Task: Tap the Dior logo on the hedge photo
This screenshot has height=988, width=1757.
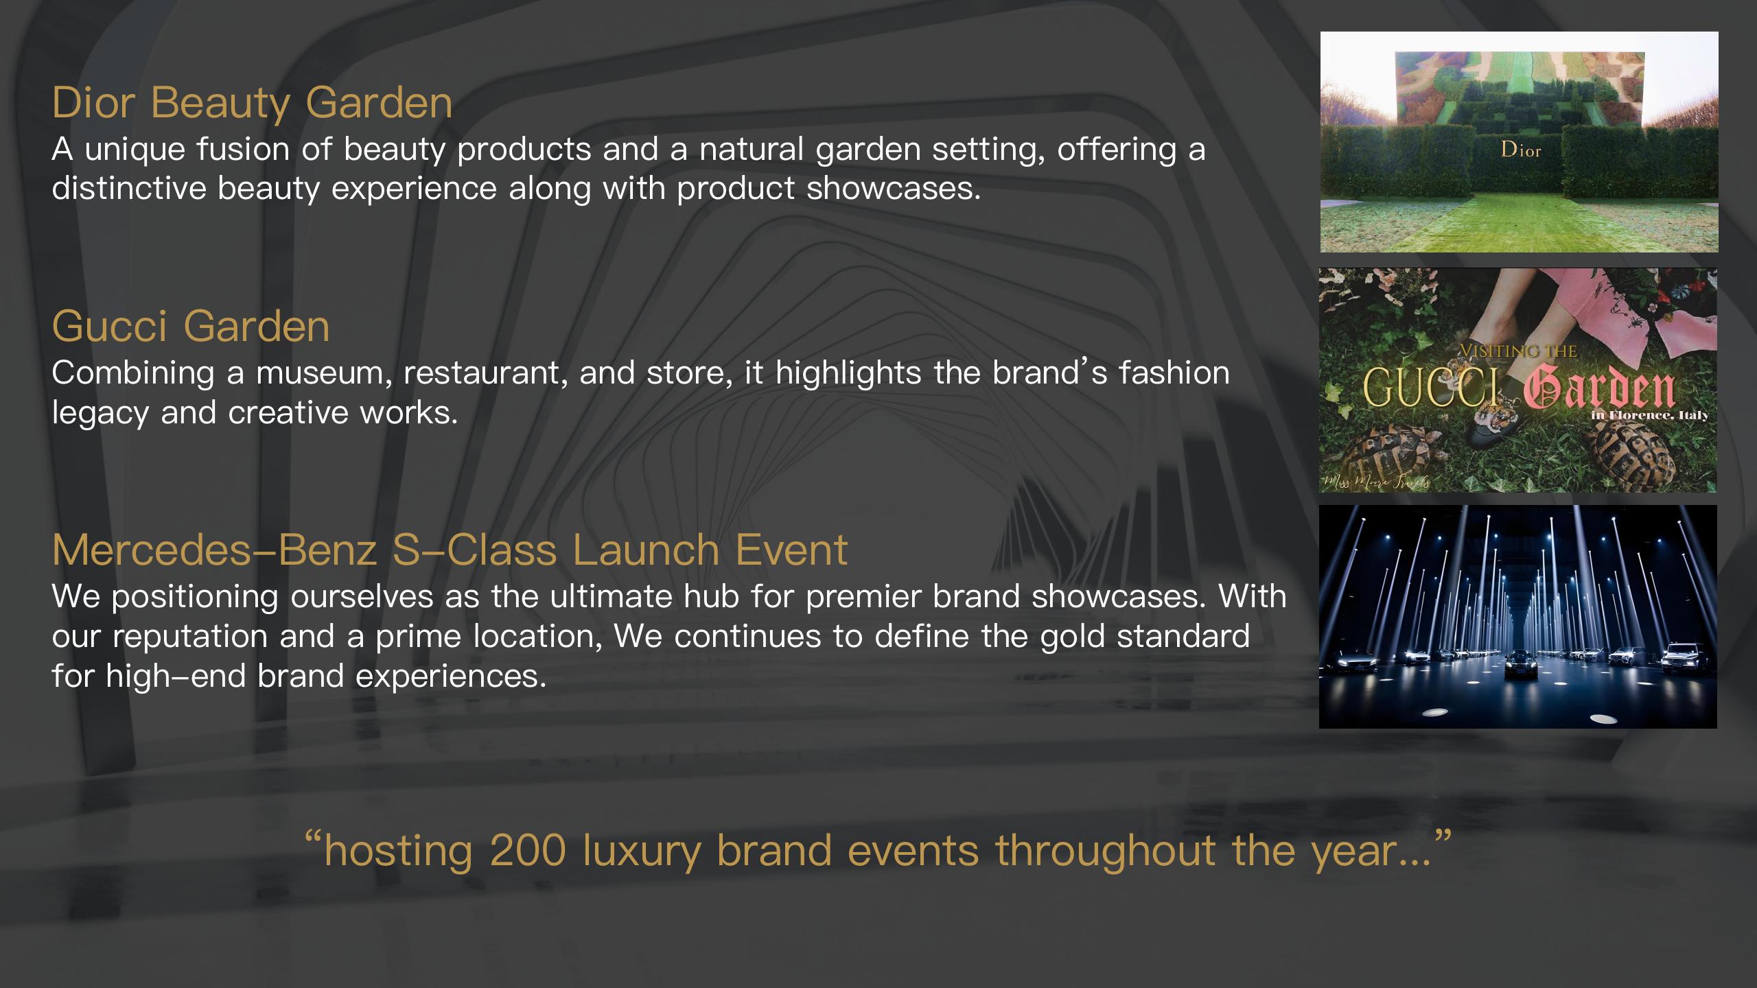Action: (1521, 150)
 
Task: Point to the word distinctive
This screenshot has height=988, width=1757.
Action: (128, 188)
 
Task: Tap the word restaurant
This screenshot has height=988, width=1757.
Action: (485, 373)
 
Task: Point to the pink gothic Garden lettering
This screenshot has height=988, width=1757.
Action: (1599, 390)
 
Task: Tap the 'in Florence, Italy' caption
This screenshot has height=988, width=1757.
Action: (1649, 414)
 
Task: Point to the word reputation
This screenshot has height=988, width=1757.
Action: (190, 637)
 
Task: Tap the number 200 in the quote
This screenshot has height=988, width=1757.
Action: (528, 849)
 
